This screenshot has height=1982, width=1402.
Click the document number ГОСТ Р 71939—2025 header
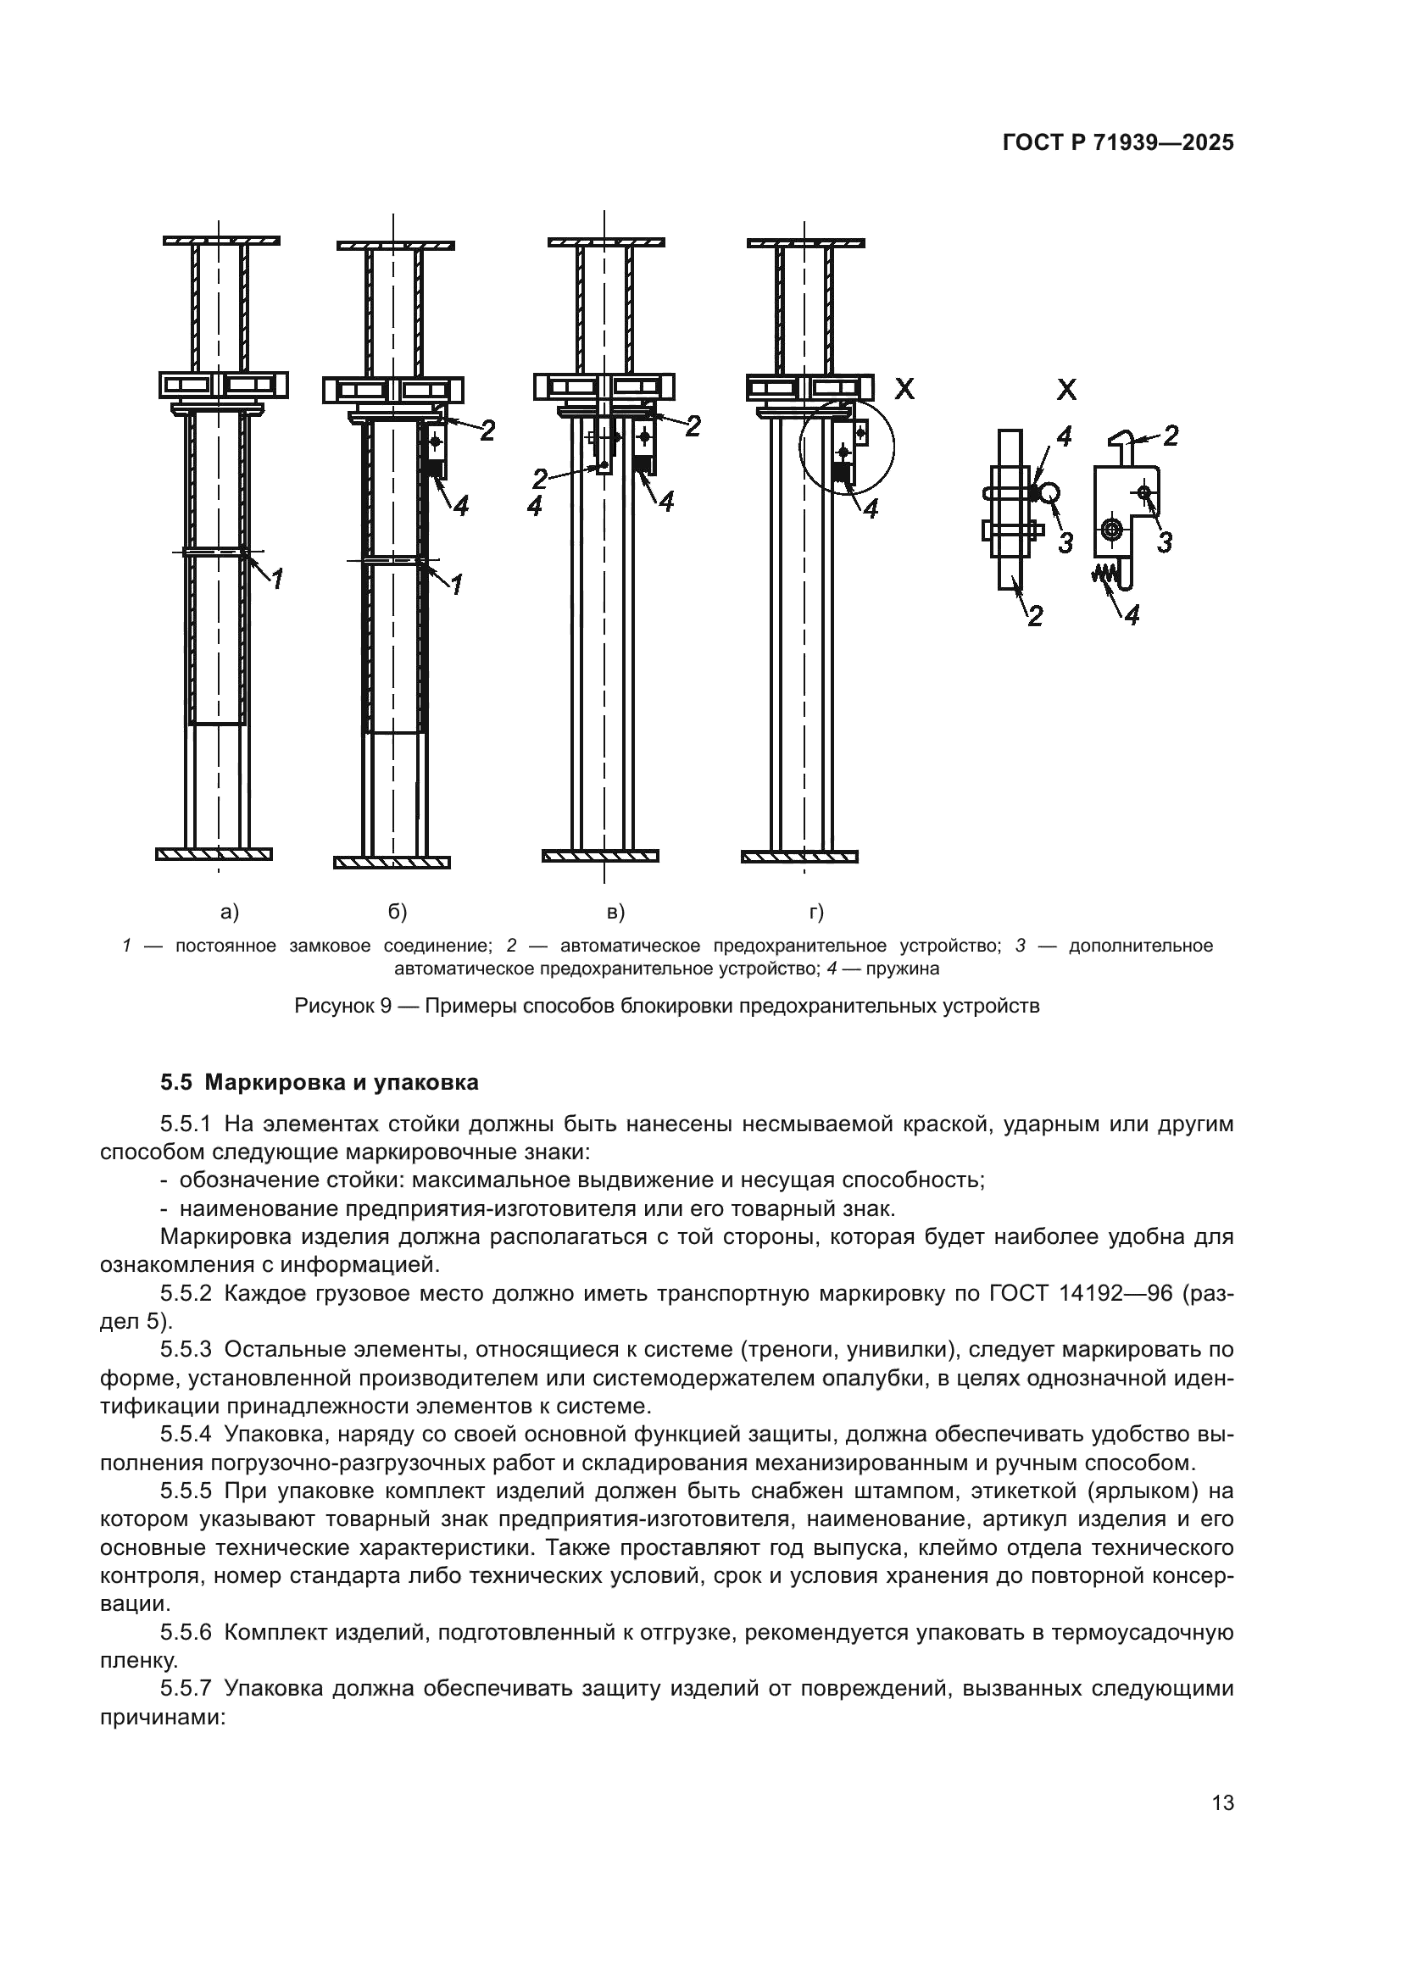click(1118, 143)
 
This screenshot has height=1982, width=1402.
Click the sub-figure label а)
click(230, 912)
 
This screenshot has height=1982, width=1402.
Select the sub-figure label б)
click(396, 912)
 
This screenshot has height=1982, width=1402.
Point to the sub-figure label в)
click(615, 912)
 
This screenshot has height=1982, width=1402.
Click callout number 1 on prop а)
click(277, 580)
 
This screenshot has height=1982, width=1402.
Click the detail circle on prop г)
click(847, 447)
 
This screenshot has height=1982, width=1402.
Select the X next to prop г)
click(904, 389)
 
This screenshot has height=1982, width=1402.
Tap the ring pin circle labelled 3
click(1049, 492)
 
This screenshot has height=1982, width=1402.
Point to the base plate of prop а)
click(214, 854)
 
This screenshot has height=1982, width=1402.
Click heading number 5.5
click(177, 1082)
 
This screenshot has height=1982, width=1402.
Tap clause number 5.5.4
click(186, 1435)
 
